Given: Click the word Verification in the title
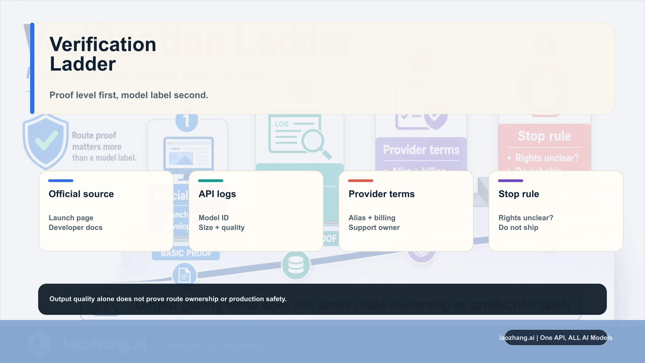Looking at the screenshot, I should tap(103, 45).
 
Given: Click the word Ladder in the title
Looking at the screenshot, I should tap(83, 64).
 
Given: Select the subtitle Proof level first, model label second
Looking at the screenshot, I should tap(129, 95).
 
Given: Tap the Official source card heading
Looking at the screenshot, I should tap(81, 194).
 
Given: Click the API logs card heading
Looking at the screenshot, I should tap(217, 194).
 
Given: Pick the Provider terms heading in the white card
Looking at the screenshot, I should tap(381, 194).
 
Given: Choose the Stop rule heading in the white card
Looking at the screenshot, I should tap(519, 194).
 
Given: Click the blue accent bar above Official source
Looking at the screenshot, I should tap(61, 181).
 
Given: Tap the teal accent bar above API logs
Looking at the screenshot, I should tap(211, 181).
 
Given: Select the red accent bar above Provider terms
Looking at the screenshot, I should tap(361, 181).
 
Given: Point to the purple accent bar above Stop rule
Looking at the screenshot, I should tap(511, 181).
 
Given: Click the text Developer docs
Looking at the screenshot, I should tap(76, 227).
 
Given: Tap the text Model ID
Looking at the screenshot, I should tap(214, 218).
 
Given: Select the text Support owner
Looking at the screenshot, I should tap(374, 227).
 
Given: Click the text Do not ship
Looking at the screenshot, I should tap(518, 227).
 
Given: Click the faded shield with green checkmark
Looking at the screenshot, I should tap(46, 141).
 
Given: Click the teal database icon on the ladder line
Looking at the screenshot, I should tap(296, 265).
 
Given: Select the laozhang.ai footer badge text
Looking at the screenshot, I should tap(556, 338).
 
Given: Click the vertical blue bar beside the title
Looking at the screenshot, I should tap(32, 68).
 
